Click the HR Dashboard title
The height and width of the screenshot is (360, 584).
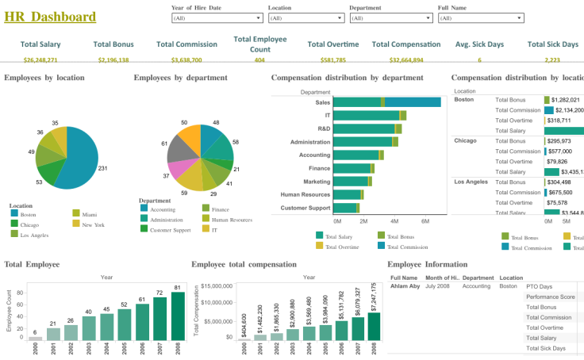coord(50,17)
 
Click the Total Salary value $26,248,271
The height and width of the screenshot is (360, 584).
coord(40,59)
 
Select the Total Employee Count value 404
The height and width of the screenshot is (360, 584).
coord(259,59)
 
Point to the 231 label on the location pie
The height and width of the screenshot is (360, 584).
coord(102,168)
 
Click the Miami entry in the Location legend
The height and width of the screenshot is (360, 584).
coord(89,214)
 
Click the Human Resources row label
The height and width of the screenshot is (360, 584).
coord(305,194)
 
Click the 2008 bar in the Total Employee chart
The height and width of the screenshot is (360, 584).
coord(178,316)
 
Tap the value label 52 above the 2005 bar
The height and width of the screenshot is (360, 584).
coord(124,304)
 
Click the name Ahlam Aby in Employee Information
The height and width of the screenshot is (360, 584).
coord(405,285)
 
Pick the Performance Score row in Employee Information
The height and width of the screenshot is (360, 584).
coord(550,297)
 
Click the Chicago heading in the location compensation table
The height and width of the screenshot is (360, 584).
coord(465,140)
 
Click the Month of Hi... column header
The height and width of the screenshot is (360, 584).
coord(442,278)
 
